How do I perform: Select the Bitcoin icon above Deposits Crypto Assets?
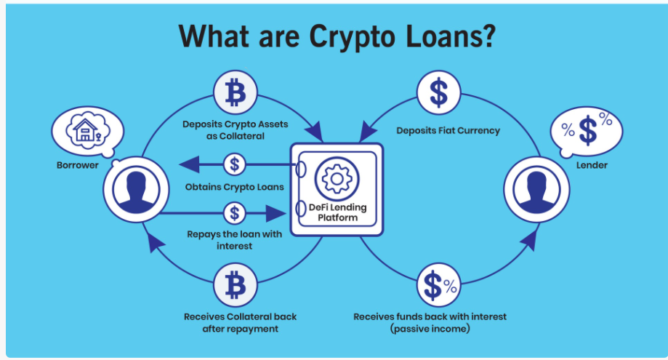pyautogui.click(x=236, y=92)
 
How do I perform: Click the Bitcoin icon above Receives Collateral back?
pyautogui.click(x=236, y=284)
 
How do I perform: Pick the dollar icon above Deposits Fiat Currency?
pyautogui.click(x=439, y=92)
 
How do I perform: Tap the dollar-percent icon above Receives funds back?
pyautogui.click(x=439, y=284)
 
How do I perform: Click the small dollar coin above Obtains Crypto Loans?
pyautogui.click(x=234, y=164)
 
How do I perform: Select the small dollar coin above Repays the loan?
pyautogui.click(x=234, y=213)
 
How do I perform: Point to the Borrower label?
pyautogui.click(x=78, y=165)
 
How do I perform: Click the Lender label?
pyautogui.click(x=592, y=165)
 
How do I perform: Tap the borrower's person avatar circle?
pyautogui.click(x=137, y=190)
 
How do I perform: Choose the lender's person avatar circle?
pyautogui.click(x=536, y=190)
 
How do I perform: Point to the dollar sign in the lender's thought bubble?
pyautogui.click(x=588, y=131)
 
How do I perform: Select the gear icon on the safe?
pyautogui.click(x=337, y=179)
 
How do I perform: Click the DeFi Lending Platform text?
pyautogui.click(x=337, y=212)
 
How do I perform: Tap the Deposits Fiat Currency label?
pyautogui.click(x=448, y=130)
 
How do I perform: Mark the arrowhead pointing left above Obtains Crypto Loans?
pyautogui.click(x=189, y=164)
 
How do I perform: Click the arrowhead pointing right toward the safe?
pyautogui.click(x=275, y=213)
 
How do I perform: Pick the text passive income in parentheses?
pyautogui.click(x=430, y=329)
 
